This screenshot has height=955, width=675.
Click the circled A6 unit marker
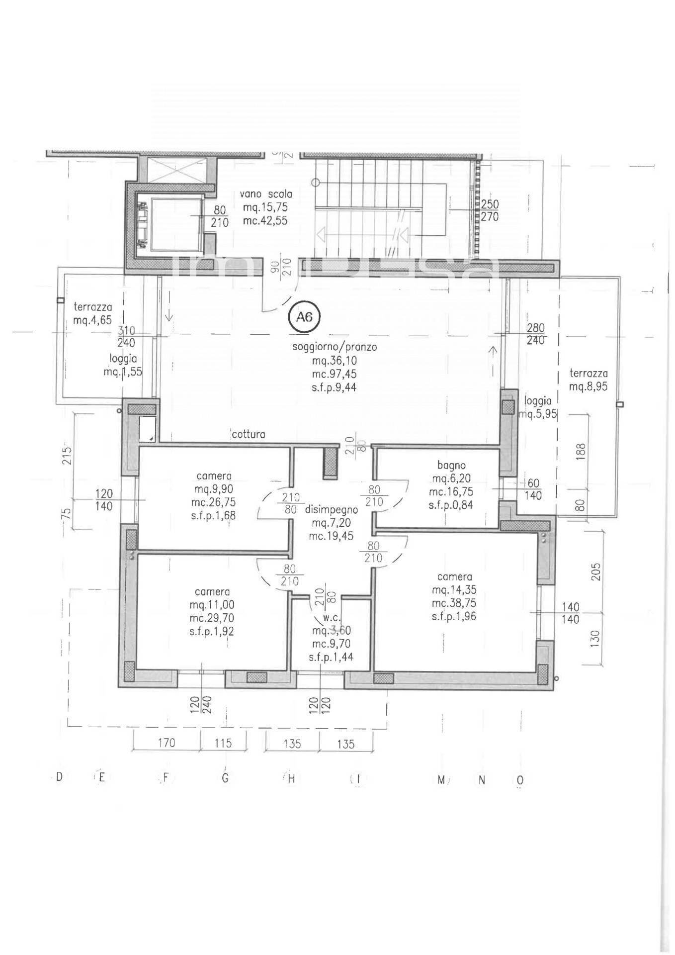click(x=304, y=316)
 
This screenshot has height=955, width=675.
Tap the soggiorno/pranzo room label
click(x=334, y=347)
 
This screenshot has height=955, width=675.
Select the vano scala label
click(x=265, y=194)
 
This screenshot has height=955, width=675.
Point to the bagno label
click(x=451, y=466)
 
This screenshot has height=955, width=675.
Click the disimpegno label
click(x=331, y=510)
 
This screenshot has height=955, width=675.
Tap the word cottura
click(x=249, y=434)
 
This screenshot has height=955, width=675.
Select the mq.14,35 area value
click(x=454, y=590)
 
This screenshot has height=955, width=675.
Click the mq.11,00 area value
click(x=212, y=605)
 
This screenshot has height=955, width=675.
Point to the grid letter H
click(x=291, y=779)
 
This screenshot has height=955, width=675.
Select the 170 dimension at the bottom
click(x=167, y=743)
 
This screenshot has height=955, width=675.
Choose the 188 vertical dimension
click(x=582, y=451)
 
